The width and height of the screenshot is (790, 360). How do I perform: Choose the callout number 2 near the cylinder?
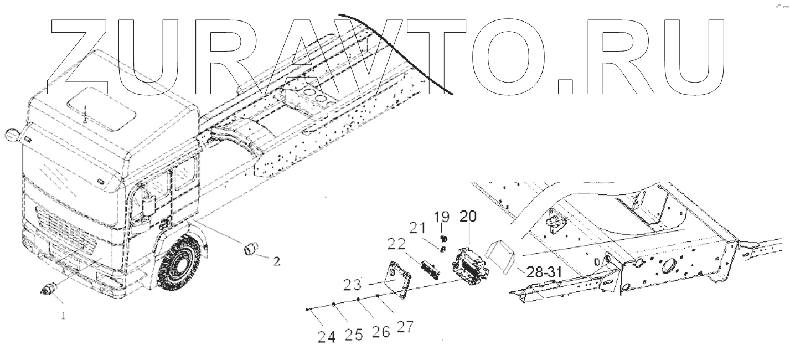(x=276, y=260)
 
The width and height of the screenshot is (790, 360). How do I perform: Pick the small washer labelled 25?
(x=334, y=305)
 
